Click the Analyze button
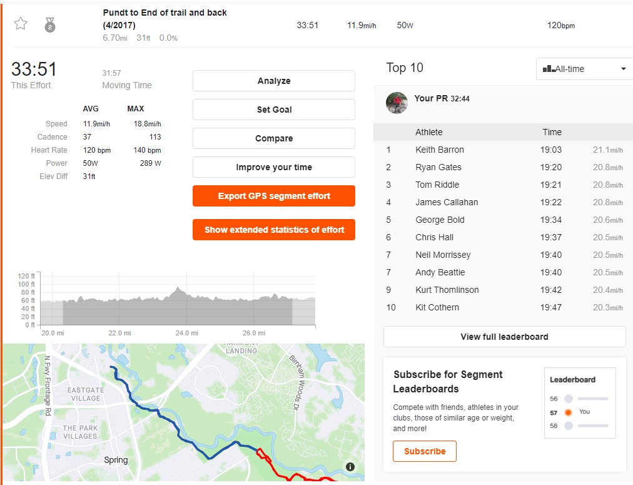[274, 81]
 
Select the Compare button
[274, 138]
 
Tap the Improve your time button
[274, 167]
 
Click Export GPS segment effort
[274, 196]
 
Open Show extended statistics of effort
[274, 230]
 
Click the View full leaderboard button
[504, 337]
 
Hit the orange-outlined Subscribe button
[425, 451]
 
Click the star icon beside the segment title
[21, 24]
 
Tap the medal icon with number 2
[49, 25]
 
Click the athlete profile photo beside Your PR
[397, 103]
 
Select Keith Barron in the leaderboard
[440, 150]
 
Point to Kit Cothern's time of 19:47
[550, 307]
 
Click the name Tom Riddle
[437, 185]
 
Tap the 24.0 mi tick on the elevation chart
[186, 333]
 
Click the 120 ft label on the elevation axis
[26, 276]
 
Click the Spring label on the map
[116, 460]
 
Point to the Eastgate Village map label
[86, 394]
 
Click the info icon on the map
[350, 467]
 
